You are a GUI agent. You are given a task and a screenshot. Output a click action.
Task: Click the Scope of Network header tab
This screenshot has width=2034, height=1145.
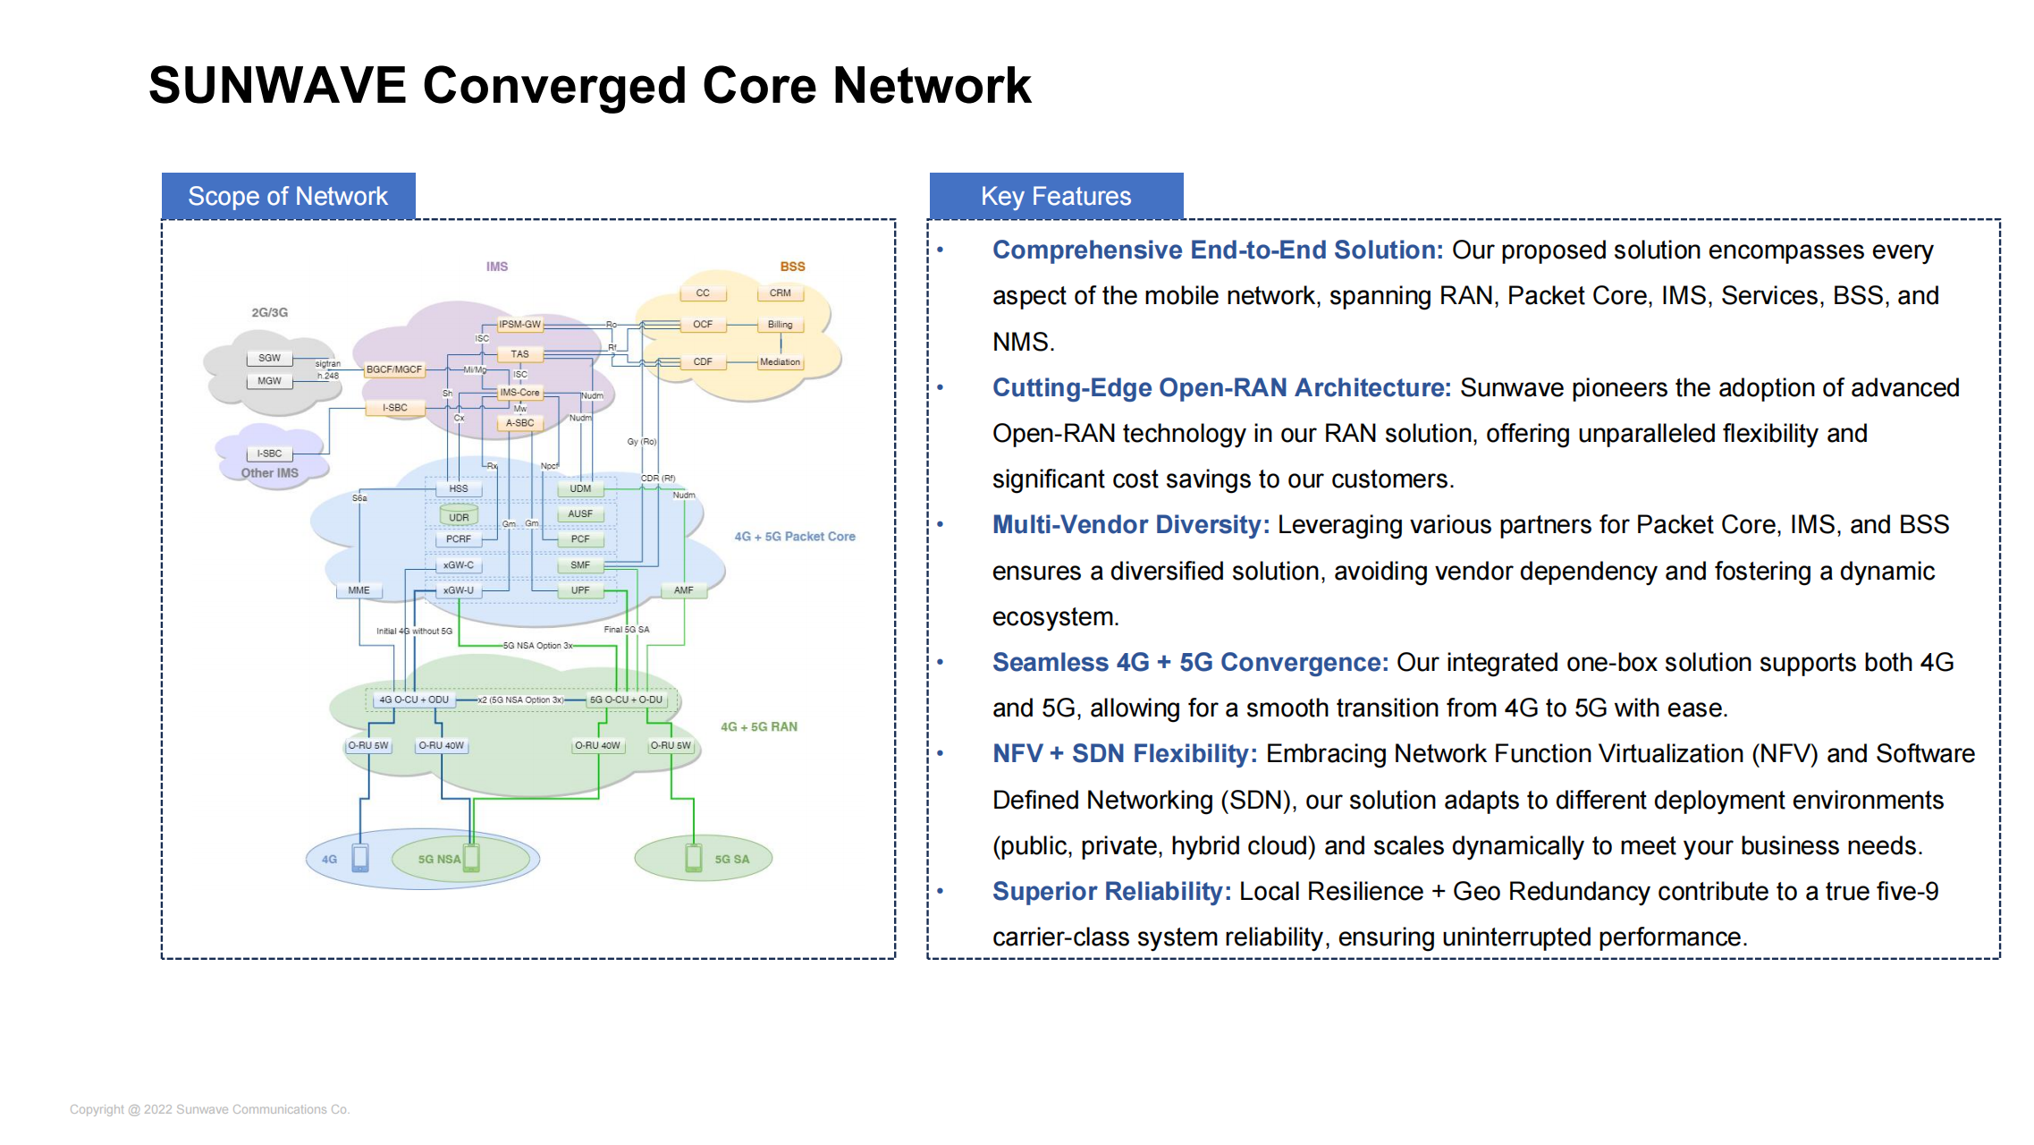(x=288, y=196)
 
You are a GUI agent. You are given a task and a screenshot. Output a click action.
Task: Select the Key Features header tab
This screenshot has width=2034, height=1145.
(x=1056, y=196)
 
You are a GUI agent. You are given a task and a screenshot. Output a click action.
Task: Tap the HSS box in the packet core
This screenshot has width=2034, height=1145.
(x=458, y=488)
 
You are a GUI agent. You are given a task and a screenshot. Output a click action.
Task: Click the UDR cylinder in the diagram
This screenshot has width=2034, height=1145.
(x=459, y=516)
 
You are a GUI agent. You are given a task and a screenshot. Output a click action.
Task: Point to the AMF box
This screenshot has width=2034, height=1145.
(x=683, y=590)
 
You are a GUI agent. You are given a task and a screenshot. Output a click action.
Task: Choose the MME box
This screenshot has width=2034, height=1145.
(x=359, y=590)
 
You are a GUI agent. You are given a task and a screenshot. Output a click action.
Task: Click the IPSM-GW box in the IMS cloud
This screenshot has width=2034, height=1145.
(x=519, y=324)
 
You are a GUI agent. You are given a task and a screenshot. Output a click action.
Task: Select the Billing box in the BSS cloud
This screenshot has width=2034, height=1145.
(x=780, y=324)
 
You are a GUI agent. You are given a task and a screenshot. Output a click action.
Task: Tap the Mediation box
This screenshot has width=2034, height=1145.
(x=780, y=361)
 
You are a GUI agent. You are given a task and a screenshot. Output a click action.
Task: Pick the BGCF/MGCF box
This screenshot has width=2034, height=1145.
(x=393, y=369)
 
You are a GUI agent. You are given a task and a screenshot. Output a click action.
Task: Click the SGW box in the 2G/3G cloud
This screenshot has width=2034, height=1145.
(x=269, y=358)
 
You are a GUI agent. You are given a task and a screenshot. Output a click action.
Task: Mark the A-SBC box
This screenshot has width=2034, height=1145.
(x=519, y=422)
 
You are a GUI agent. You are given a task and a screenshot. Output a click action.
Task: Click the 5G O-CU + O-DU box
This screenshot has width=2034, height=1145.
(x=626, y=700)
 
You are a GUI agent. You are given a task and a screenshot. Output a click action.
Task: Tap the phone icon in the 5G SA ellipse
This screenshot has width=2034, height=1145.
(x=694, y=857)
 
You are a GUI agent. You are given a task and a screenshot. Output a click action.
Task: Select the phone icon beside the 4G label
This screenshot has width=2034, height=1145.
(x=360, y=857)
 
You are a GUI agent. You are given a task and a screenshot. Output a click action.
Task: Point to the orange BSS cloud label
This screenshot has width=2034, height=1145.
(x=792, y=267)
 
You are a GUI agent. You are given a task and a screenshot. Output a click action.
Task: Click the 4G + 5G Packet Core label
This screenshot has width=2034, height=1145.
(x=794, y=537)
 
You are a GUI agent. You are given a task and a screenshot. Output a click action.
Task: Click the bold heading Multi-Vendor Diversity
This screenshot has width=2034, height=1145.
(x=1130, y=524)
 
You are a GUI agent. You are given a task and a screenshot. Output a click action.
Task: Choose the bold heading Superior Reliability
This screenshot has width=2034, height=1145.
(x=1111, y=891)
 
